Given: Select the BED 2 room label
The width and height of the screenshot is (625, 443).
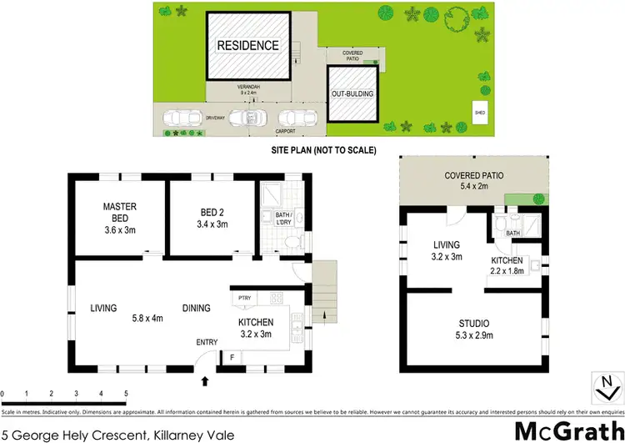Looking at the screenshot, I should pyautogui.click(x=211, y=212).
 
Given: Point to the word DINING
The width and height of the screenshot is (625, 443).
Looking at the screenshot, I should pyautogui.click(x=197, y=308).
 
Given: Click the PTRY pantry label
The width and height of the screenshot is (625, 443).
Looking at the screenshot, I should pyautogui.click(x=244, y=299).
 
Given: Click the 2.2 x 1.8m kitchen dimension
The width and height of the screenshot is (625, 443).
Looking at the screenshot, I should pyautogui.click(x=507, y=271).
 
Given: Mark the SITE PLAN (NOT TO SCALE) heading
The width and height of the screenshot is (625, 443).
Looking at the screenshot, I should pyautogui.click(x=324, y=151).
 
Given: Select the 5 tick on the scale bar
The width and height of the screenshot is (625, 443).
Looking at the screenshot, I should pyautogui.click(x=126, y=392).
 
